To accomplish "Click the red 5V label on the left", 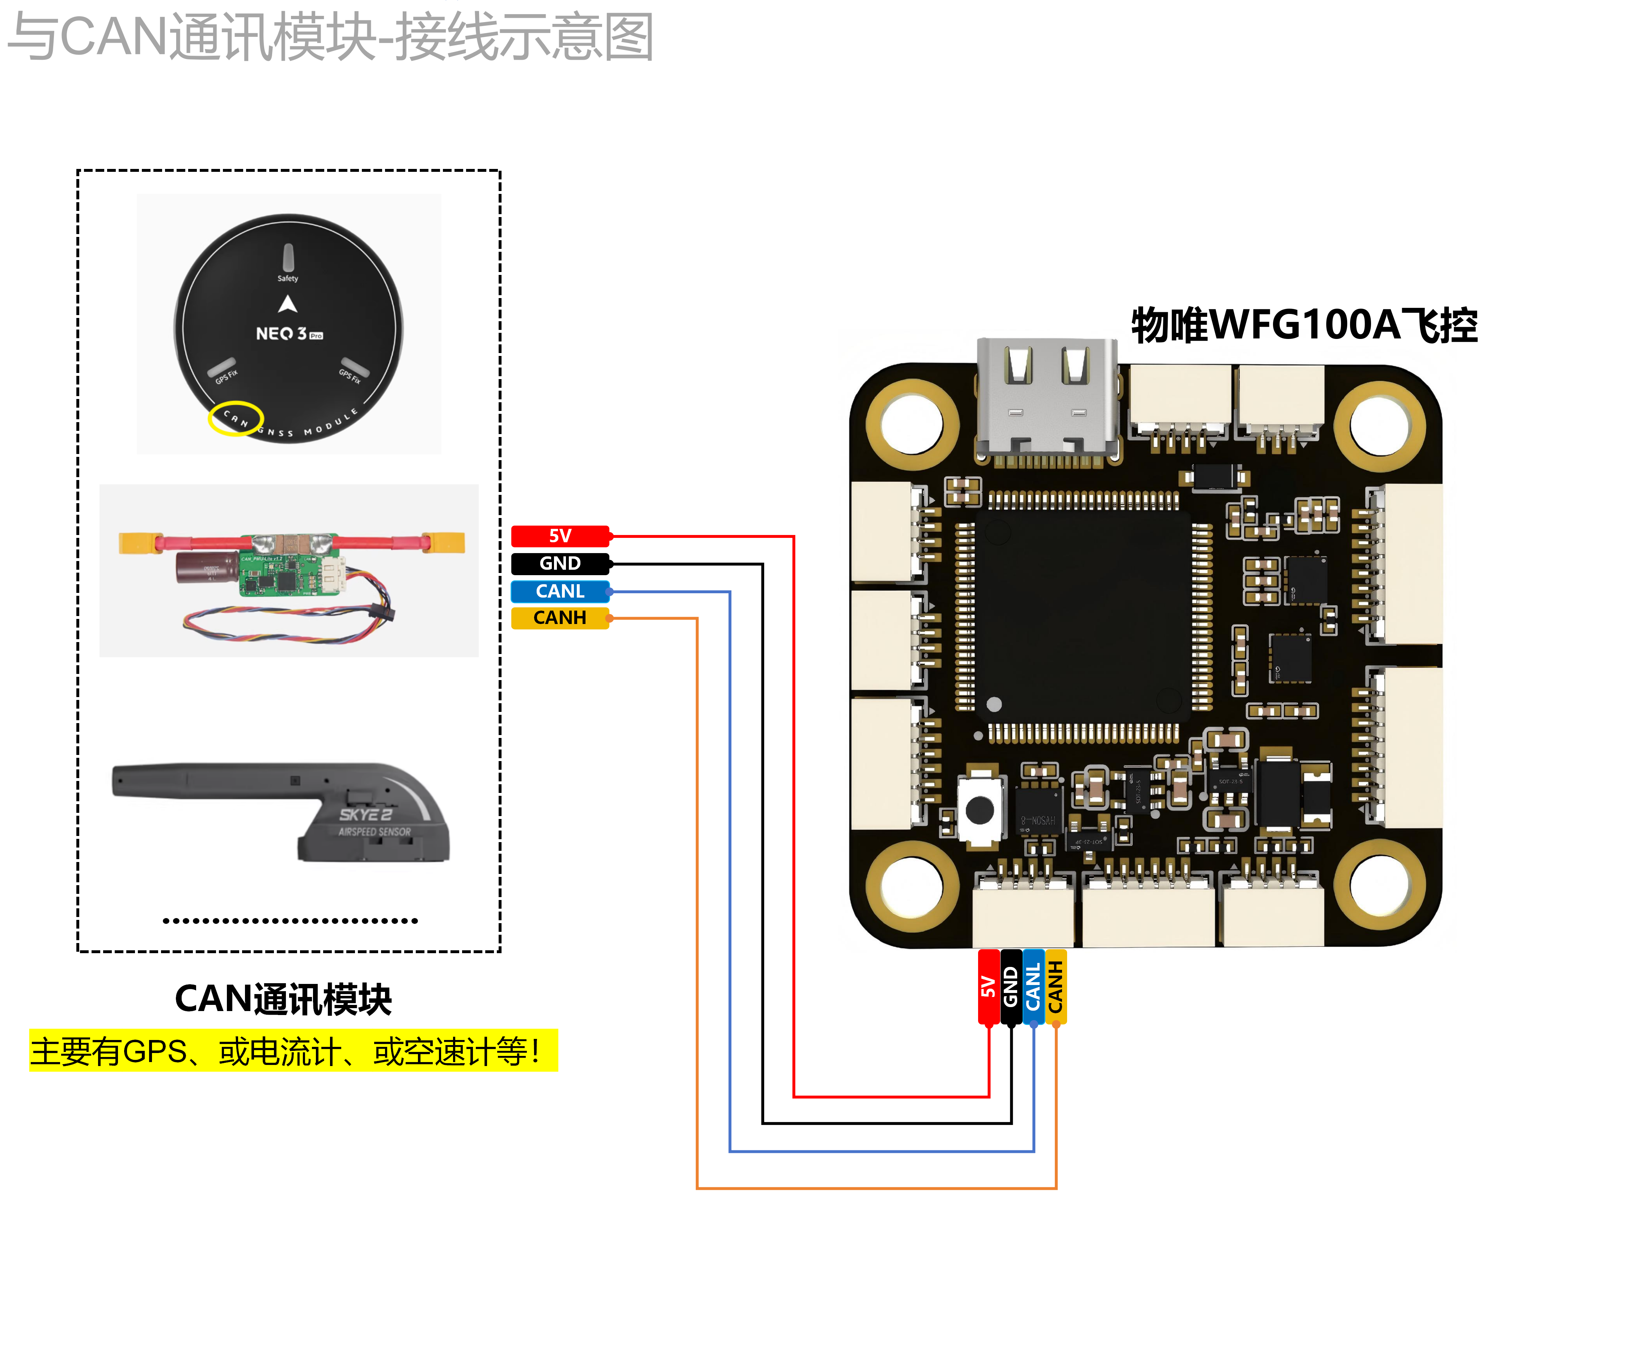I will (x=559, y=536).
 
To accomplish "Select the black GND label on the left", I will (x=559, y=563).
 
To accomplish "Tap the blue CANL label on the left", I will (x=559, y=591).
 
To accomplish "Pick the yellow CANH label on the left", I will (x=559, y=618).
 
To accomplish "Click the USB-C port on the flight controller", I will (x=1047, y=398).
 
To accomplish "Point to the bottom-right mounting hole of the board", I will (x=1379, y=885).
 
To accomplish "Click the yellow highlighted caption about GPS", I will (x=293, y=1050).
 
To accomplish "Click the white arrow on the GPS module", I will (x=288, y=304).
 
